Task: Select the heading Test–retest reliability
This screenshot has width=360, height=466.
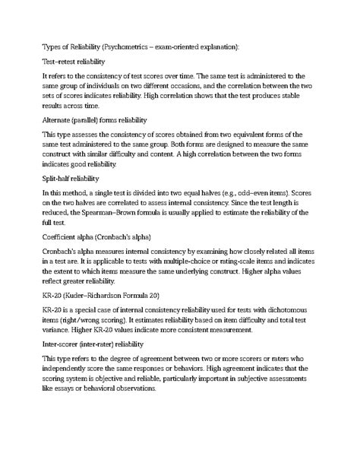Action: pos(74,61)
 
